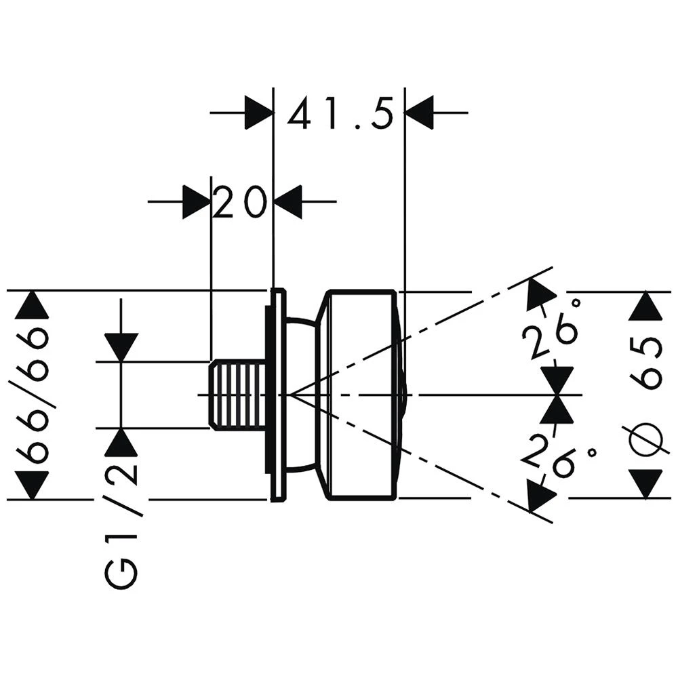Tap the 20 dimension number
coord(237,202)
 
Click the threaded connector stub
coord(237,395)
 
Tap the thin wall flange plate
coord(277,395)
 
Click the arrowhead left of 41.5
coord(258,112)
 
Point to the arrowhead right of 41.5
coord(419,112)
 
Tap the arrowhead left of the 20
coord(196,202)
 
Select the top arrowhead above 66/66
coord(32,305)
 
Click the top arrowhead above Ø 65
coord(645,306)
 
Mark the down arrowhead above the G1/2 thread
coord(121,347)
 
